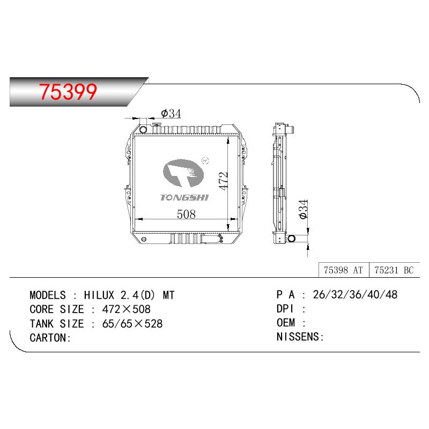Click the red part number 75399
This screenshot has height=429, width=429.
pyautogui.click(x=68, y=92)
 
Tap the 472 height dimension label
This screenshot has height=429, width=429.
pyautogui.click(x=223, y=181)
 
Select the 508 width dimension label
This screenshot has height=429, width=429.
pyautogui.click(x=186, y=214)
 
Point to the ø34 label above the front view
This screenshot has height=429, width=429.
pyautogui.click(x=171, y=114)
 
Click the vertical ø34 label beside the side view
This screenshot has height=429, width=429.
pyautogui.click(x=304, y=209)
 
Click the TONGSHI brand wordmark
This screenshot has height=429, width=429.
pyautogui.click(x=184, y=197)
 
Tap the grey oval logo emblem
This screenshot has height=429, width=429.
pyautogui.click(x=183, y=173)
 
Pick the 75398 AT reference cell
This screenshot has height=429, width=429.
pyautogui.click(x=343, y=270)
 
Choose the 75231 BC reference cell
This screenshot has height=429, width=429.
pyautogui.click(x=394, y=270)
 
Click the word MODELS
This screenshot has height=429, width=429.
pyautogui.click(x=48, y=295)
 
